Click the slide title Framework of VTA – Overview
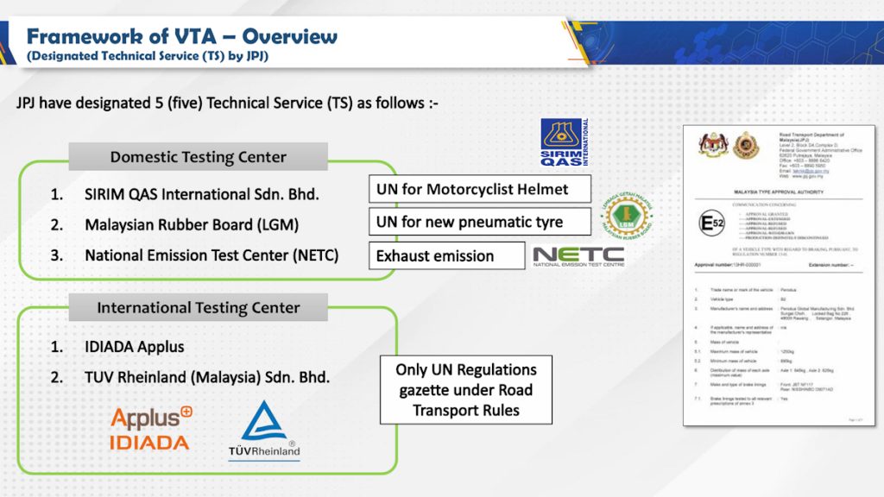[181, 36]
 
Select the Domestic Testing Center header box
[198, 157]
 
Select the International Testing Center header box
[198, 307]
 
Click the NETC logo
[578, 256]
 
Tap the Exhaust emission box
[446, 256]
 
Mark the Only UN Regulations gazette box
[466, 389]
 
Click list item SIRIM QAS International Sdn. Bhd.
[201, 195]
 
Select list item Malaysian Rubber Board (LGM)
[191, 225]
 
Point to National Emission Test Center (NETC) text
[211, 255]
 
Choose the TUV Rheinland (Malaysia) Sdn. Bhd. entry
[206, 377]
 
